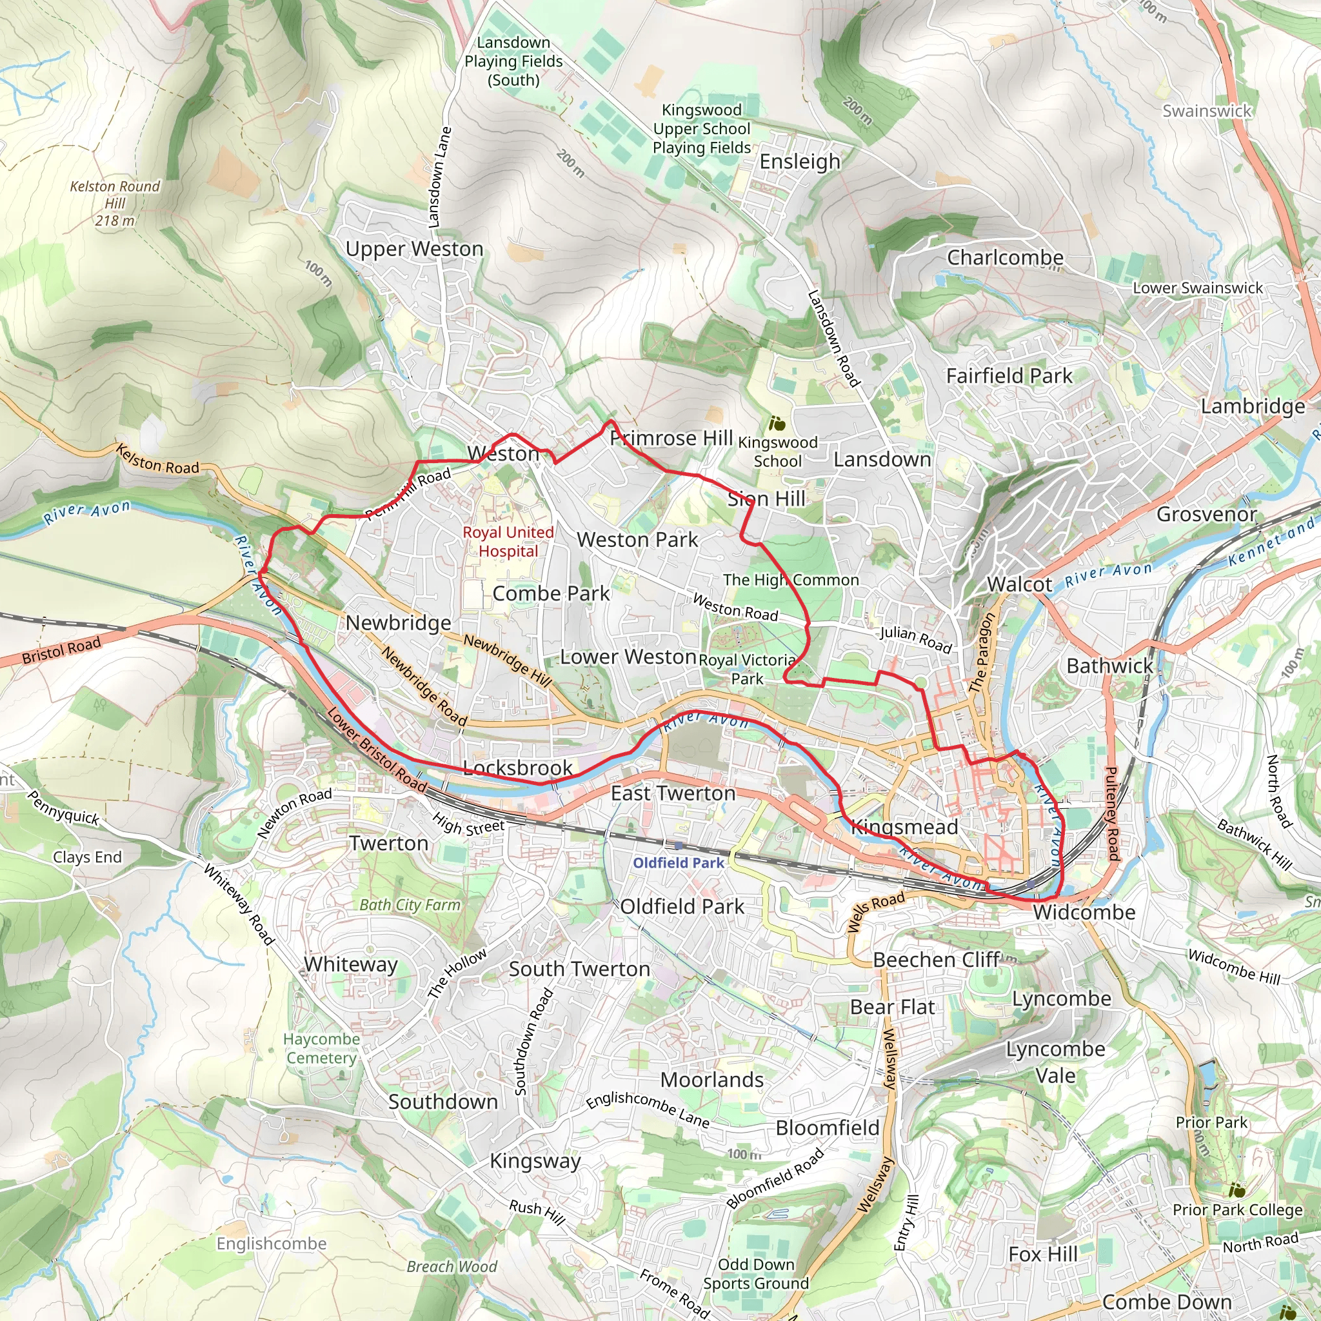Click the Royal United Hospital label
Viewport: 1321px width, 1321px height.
click(508, 542)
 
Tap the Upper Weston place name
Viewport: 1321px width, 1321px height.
click(414, 249)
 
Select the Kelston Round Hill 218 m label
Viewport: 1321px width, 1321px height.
click(115, 203)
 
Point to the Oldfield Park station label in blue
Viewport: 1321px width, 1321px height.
click(679, 863)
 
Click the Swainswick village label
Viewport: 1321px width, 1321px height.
click(1207, 111)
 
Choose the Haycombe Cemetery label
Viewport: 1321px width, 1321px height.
click(321, 1048)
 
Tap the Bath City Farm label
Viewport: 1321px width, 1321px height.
click(410, 904)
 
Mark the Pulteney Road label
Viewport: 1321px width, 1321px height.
click(1111, 813)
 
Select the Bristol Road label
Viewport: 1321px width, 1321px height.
click(61, 650)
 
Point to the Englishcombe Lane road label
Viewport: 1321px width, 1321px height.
click(648, 1109)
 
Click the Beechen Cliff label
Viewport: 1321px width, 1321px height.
click(937, 960)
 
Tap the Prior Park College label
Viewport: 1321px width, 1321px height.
click(1238, 1209)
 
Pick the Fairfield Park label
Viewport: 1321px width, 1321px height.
click(1009, 375)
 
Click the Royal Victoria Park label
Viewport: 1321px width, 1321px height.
click(748, 670)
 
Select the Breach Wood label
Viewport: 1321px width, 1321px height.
click(452, 1266)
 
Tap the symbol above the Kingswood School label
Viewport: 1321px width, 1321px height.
click(777, 424)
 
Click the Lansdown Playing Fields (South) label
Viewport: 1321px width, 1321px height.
click(513, 61)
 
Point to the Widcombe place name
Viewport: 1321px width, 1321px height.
click(1084, 912)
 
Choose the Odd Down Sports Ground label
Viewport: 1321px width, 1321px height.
click(755, 1274)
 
